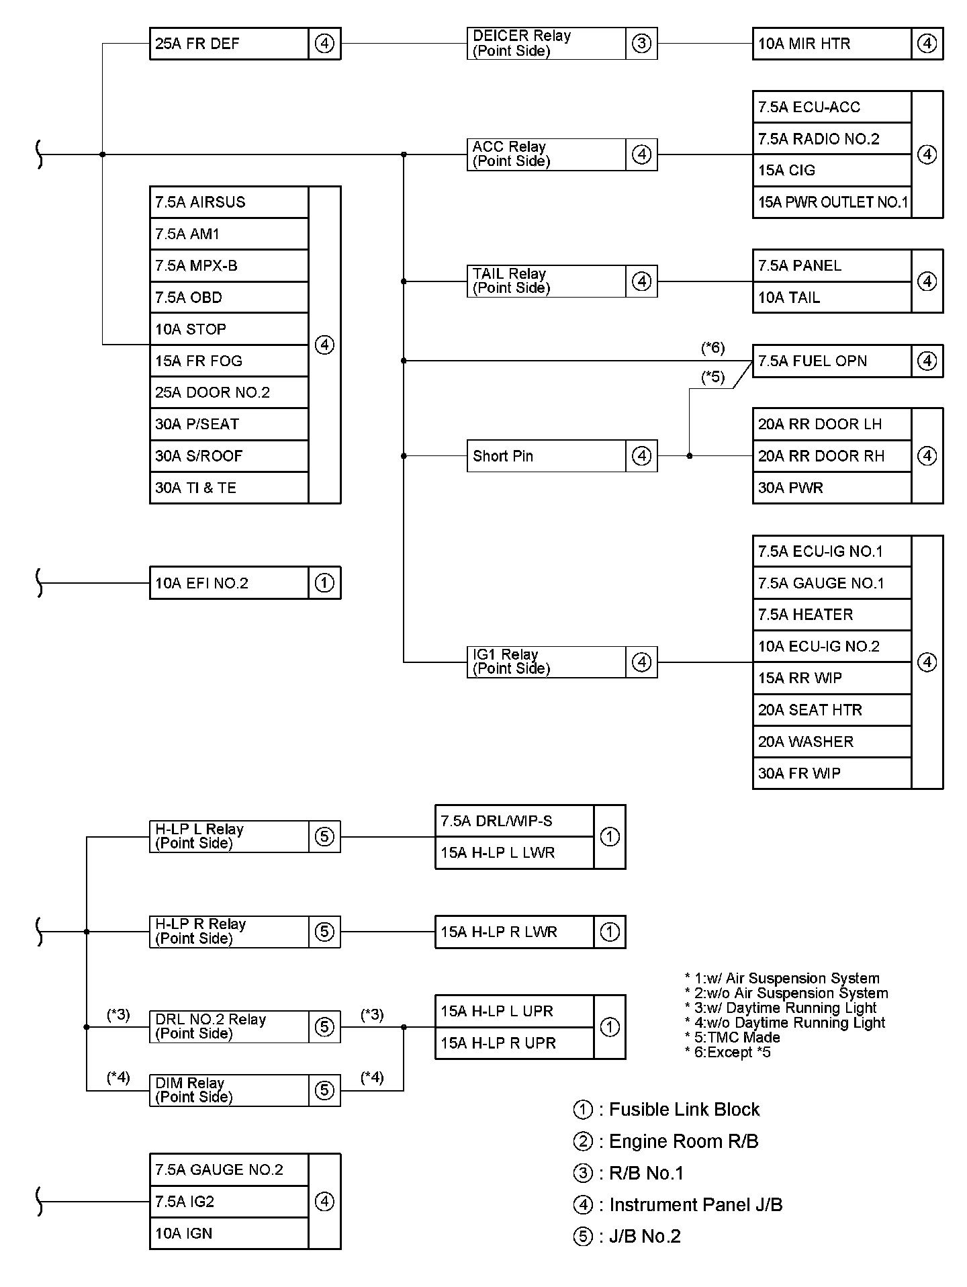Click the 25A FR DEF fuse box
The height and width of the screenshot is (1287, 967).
pyautogui.click(x=228, y=44)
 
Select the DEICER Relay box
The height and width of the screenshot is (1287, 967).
pyautogui.click(x=546, y=44)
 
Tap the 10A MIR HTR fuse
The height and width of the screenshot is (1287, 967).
pyautogui.click(x=831, y=44)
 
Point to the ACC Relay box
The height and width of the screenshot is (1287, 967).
pyautogui.click(x=546, y=154)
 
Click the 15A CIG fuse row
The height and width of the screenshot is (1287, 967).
pyautogui.click(x=831, y=171)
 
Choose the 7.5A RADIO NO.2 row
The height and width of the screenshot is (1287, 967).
pyautogui.click(x=831, y=139)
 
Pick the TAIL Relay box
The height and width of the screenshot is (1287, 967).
pyautogui.click(x=546, y=281)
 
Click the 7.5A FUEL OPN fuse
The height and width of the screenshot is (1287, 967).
pyautogui.click(x=831, y=361)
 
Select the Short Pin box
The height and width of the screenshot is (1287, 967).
pyautogui.click(x=546, y=456)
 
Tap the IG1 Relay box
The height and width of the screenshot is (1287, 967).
pyautogui.click(x=546, y=662)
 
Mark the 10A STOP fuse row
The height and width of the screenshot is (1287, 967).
pyautogui.click(x=228, y=329)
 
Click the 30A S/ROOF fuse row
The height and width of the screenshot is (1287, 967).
pyautogui.click(x=228, y=456)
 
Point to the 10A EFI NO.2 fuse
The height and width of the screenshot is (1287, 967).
pyautogui.click(x=228, y=583)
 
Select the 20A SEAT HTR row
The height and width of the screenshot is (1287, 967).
pyautogui.click(x=831, y=710)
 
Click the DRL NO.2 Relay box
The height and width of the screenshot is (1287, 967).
pyautogui.click(x=228, y=1027)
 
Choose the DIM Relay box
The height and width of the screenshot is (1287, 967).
pyautogui.click(x=228, y=1090)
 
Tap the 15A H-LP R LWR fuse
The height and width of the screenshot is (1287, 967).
pyautogui.click(x=514, y=932)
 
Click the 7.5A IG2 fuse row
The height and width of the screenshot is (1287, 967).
pyautogui.click(x=228, y=1202)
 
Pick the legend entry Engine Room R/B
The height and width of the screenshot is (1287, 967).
pyautogui.click(x=683, y=1141)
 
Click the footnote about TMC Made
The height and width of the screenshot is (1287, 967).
pyautogui.click(x=736, y=1037)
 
